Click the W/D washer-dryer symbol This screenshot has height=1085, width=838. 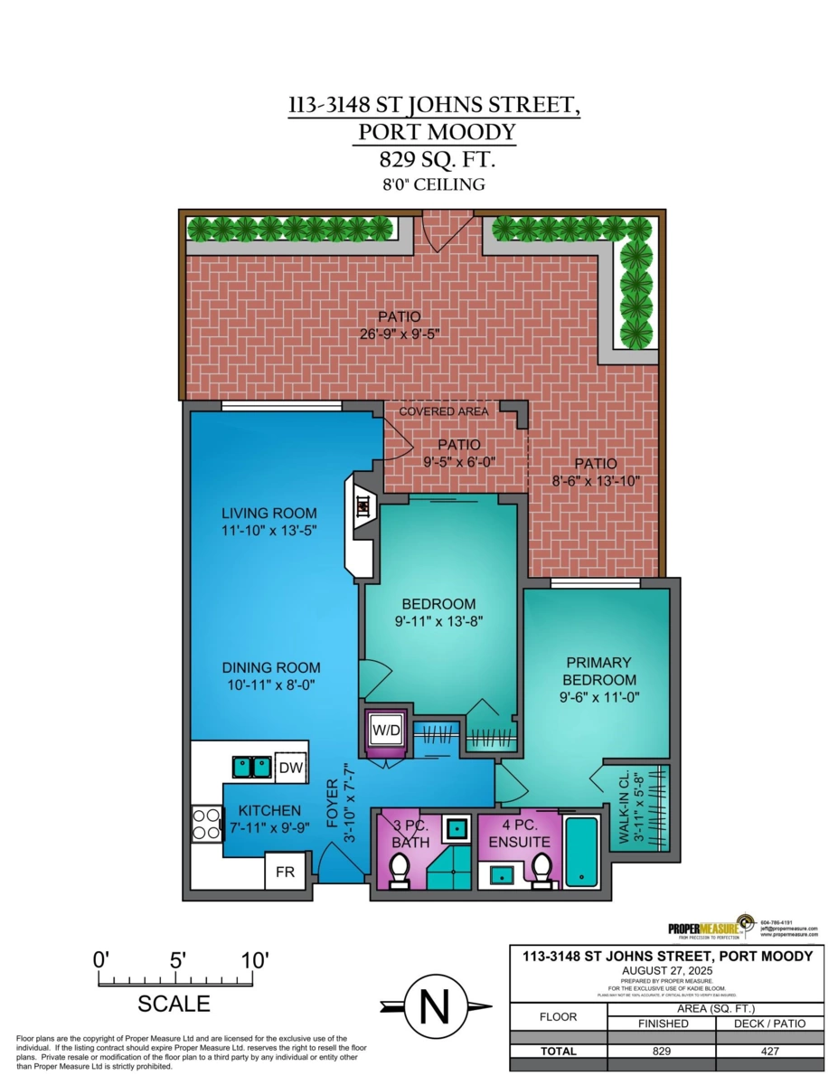pyautogui.click(x=383, y=730)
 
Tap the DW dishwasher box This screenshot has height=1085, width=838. pyautogui.click(x=289, y=768)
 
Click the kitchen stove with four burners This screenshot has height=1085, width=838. pyautogui.click(x=207, y=824)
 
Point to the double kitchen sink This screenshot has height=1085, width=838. pyautogui.click(x=251, y=767)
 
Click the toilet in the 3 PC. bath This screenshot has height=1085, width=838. pyautogui.click(x=399, y=871)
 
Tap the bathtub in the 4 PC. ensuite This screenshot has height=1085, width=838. pyautogui.click(x=583, y=849)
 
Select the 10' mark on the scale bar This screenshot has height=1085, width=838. pyautogui.click(x=253, y=961)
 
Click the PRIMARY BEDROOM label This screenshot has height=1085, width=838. pyautogui.click(x=598, y=671)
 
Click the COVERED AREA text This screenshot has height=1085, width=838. pyautogui.click(x=444, y=411)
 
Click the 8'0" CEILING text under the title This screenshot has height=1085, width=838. pyautogui.click(x=434, y=184)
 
